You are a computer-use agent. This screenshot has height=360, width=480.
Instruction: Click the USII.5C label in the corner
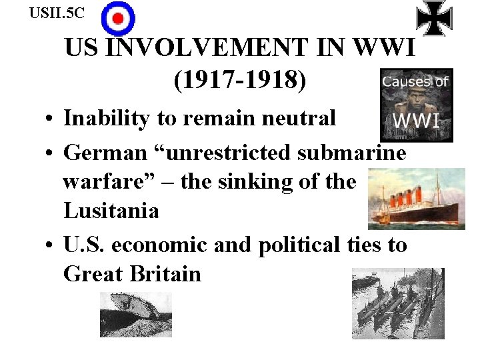57,12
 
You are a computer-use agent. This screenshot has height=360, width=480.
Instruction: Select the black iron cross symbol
434,17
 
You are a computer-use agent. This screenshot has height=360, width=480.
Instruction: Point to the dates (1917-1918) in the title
240,81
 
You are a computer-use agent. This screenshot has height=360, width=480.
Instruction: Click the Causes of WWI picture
416,104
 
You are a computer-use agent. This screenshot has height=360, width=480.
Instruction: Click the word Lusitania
111,211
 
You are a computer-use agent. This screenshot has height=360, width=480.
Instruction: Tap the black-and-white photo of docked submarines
398,303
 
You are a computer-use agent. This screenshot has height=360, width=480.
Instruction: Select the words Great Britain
132,273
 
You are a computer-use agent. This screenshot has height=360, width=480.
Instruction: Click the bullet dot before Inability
50,120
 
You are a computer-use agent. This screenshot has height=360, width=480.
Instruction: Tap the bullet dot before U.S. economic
50,246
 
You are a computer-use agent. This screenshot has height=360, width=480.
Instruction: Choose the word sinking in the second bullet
256,181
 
